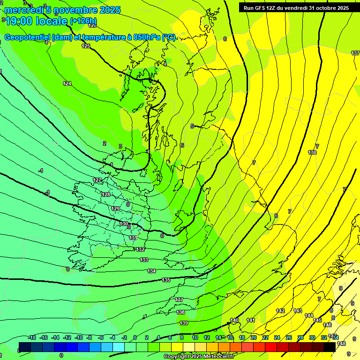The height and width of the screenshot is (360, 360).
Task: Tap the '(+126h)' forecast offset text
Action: point(83,21)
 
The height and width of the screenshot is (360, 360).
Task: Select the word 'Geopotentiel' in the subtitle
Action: point(28,37)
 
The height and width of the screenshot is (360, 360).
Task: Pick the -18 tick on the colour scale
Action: point(32,337)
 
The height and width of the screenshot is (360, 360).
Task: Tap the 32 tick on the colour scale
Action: point(323,337)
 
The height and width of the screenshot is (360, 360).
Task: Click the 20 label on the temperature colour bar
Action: point(253,337)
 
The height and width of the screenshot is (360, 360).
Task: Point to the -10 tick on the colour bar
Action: point(79,337)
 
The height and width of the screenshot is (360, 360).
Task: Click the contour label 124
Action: point(67,83)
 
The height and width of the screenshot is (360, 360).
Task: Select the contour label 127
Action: point(97,180)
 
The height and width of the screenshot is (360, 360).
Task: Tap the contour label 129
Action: point(116,209)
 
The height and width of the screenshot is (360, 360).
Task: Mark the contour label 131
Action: point(133,238)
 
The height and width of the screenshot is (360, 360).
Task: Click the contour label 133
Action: point(144,260)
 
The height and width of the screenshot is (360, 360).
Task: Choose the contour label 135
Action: point(166,280)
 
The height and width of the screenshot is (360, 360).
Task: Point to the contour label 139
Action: point(184,323)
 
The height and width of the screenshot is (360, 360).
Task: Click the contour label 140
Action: point(234,320)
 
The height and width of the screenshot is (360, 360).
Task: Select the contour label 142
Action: point(280,311)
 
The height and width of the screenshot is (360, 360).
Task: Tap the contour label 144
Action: point(308,315)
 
